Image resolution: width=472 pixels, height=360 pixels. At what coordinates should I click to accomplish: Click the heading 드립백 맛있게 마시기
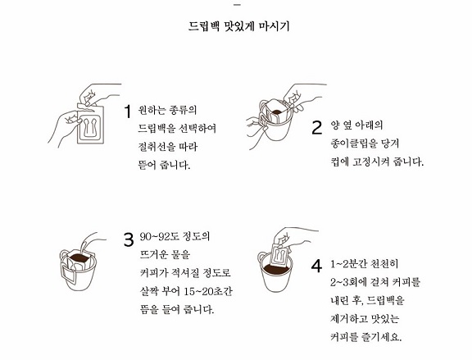tap(238, 26)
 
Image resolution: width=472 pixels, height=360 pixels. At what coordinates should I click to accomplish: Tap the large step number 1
tap(128, 112)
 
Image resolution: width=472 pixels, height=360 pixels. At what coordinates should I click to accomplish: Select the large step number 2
tap(316, 127)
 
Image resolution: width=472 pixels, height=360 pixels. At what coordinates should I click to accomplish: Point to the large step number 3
tap(129, 239)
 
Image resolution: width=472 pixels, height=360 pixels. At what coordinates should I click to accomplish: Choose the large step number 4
tap(316, 267)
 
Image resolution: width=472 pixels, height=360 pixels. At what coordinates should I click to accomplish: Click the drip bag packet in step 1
tap(90, 124)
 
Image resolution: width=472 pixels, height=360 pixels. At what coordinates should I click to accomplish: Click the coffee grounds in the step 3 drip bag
tap(79, 257)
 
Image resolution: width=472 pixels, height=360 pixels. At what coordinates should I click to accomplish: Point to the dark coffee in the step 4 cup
tap(277, 269)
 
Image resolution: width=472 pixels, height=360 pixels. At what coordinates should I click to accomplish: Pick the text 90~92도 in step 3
tap(159, 236)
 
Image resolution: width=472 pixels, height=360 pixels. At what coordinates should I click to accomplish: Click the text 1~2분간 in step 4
tap(348, 264)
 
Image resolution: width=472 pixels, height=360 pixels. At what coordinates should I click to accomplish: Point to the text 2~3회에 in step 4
tap(351, 282)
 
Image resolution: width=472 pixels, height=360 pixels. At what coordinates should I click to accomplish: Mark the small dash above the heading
tap(238, 5)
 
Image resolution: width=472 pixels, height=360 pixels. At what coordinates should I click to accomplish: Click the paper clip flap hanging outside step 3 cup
tap(69, 274)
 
